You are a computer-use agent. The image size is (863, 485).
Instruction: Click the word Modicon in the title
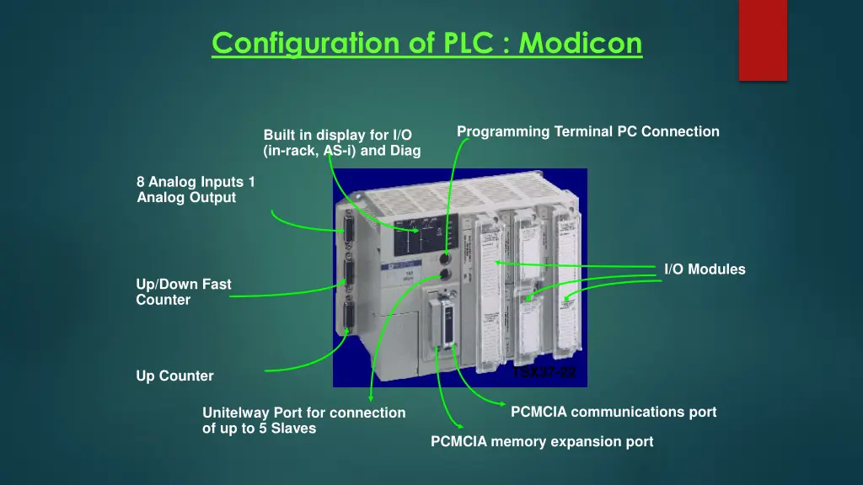tap(581, 42)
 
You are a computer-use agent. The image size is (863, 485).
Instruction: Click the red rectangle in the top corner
tap(763, 40)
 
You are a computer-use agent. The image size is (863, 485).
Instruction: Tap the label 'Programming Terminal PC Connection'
tap(587, 131)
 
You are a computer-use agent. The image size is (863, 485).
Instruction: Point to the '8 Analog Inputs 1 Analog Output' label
tap(196, 189)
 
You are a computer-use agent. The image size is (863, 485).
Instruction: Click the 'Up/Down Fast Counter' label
tap(184, 292)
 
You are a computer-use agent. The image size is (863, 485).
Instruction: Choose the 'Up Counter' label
tap(174, 376)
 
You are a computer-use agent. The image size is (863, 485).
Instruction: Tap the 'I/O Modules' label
tap(705, 269)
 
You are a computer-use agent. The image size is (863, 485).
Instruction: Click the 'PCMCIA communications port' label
tap(614, 412)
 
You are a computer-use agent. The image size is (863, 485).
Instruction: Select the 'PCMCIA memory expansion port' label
tap(542, 441)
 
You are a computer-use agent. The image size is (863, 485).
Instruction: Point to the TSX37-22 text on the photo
tap(544, 371)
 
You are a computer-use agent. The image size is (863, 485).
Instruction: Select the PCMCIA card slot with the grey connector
tap(444, 324)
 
